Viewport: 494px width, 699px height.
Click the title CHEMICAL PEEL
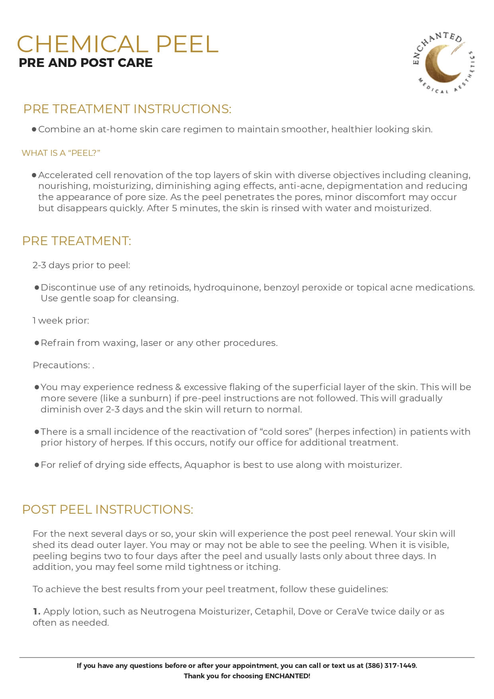point(117,44)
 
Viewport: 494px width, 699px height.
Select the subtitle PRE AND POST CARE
point(86,63)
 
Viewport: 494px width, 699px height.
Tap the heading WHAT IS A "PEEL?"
point(61,153)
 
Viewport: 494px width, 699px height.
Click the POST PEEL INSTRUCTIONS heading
point(107,509)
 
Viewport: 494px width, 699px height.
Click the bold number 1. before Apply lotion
point(37,611)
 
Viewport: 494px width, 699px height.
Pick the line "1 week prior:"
point(61,320)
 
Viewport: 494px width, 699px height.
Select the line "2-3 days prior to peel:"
point(81,265)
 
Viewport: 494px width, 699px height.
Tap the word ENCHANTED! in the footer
point(287,676)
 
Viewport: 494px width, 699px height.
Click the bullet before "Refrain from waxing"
point(37,343)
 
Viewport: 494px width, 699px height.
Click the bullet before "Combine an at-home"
point(34,130)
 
